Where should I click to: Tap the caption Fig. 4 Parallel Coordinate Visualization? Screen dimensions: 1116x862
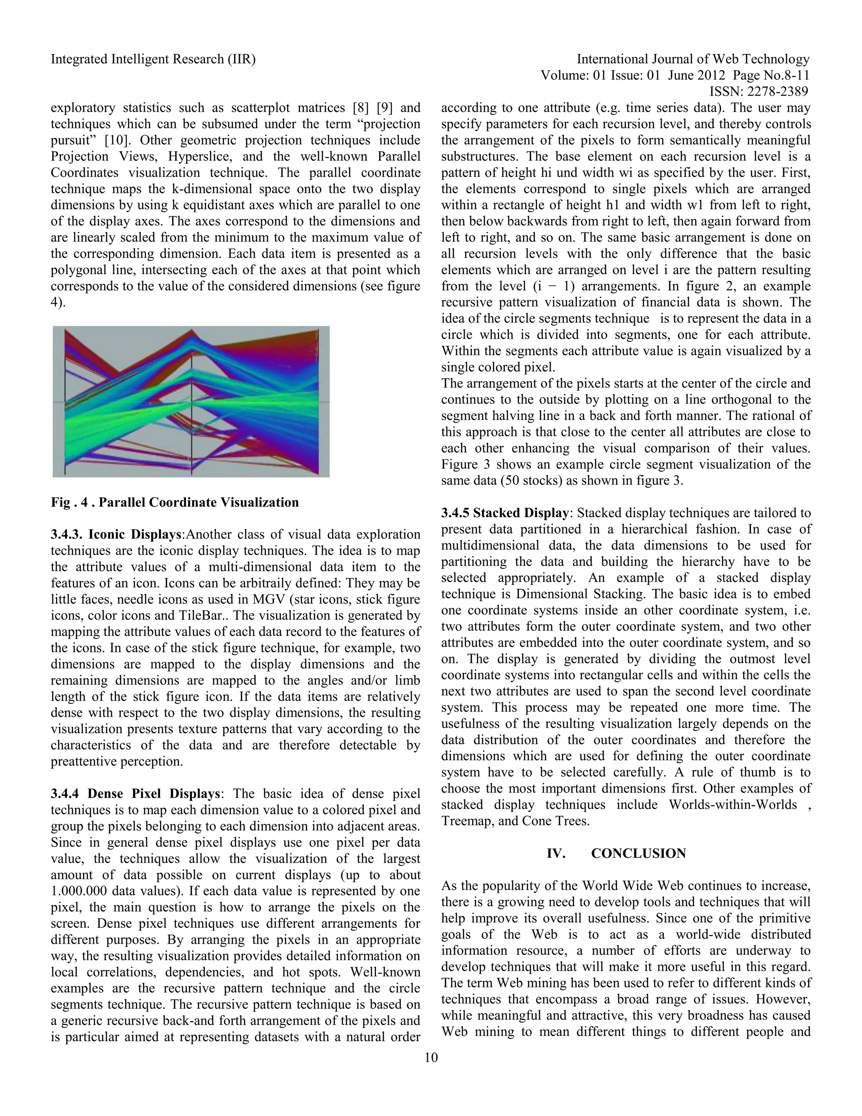pyautogui.click(x=175, y=502)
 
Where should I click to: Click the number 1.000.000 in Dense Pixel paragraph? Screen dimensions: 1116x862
pyautogui.click(x=79, y=891)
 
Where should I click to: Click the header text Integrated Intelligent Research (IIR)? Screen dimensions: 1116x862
pyautogui.click(x=153, y=59)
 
